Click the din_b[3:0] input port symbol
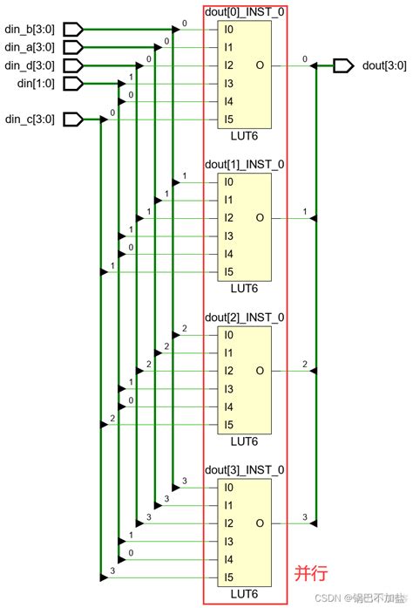pyautogui.click(x=73, y=30)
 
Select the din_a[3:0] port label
pyautogui.click(x=30, y=47)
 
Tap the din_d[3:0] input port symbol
pyautogui.click(x=73, y=65)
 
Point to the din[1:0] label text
pyautogui.click(x=36, y=84)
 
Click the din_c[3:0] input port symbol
pyautogui.click(x=73, y=119)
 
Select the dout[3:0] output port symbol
pyautogui.click(x=343, y=65)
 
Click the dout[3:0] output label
pyautogui.click(x=384, y=65)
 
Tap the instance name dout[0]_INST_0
pyautogui.click(x=245, y=12)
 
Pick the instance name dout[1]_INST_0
pyautogui.click(x=245, y=164)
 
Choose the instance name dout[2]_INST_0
pyautogui.click(x=245, y=318)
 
